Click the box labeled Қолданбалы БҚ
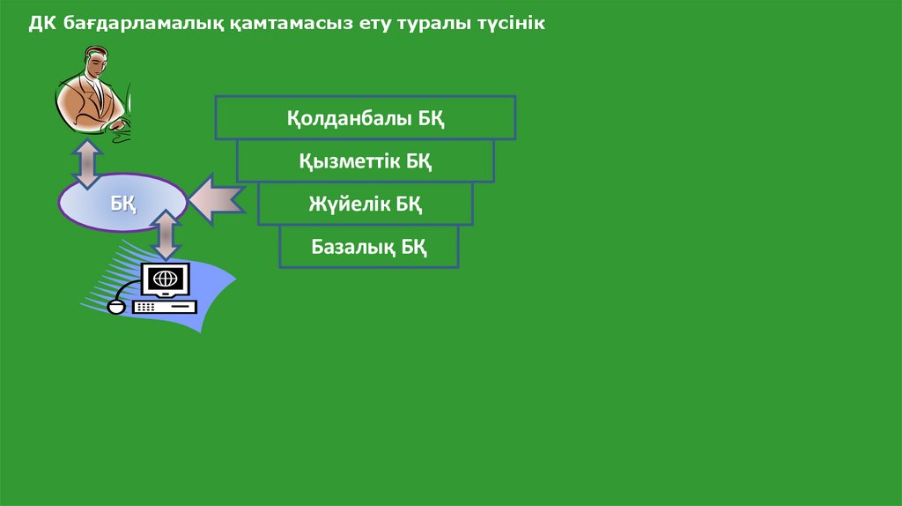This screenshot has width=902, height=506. (365, 118)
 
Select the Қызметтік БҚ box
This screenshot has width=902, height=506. (365, 160)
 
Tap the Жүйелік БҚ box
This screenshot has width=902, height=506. (365, 204)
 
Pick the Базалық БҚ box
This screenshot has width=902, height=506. (369, 246)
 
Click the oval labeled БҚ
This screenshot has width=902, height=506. (122, 203)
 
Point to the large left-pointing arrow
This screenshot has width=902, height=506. (216, 198)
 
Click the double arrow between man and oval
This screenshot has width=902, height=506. (86, 162)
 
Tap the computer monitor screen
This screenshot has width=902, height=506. (165, 279)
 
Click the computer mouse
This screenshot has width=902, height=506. (115, 308)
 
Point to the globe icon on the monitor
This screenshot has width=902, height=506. (165, 279)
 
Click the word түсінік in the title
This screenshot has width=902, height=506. (508, 23)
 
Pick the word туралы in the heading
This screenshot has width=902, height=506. (434, 24)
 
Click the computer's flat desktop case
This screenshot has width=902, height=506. (165, 306)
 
